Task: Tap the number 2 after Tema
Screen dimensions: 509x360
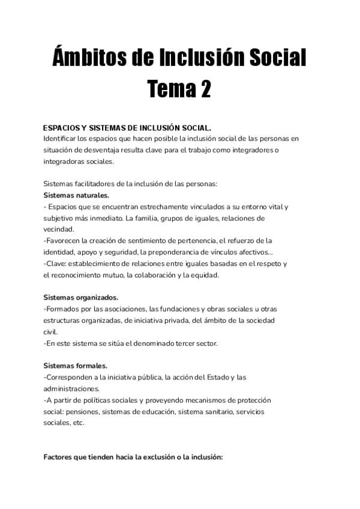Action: pyautogui.click(x=204, y=90)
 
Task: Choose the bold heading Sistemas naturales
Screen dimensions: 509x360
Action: pyautogui.click(x=76, y=195)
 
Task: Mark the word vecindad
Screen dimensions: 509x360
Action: pyautogui.click(x=59, y=229)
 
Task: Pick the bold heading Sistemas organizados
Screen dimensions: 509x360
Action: pyautogui.click(x=80, y=297)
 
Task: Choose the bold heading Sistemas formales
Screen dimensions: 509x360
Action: pyautogui.click(x=75, y=366)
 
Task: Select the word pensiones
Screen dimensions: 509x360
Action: pyautogui.click(x=79, y=411)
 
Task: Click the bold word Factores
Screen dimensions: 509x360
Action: pyautogui.click(x=60, y=457)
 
